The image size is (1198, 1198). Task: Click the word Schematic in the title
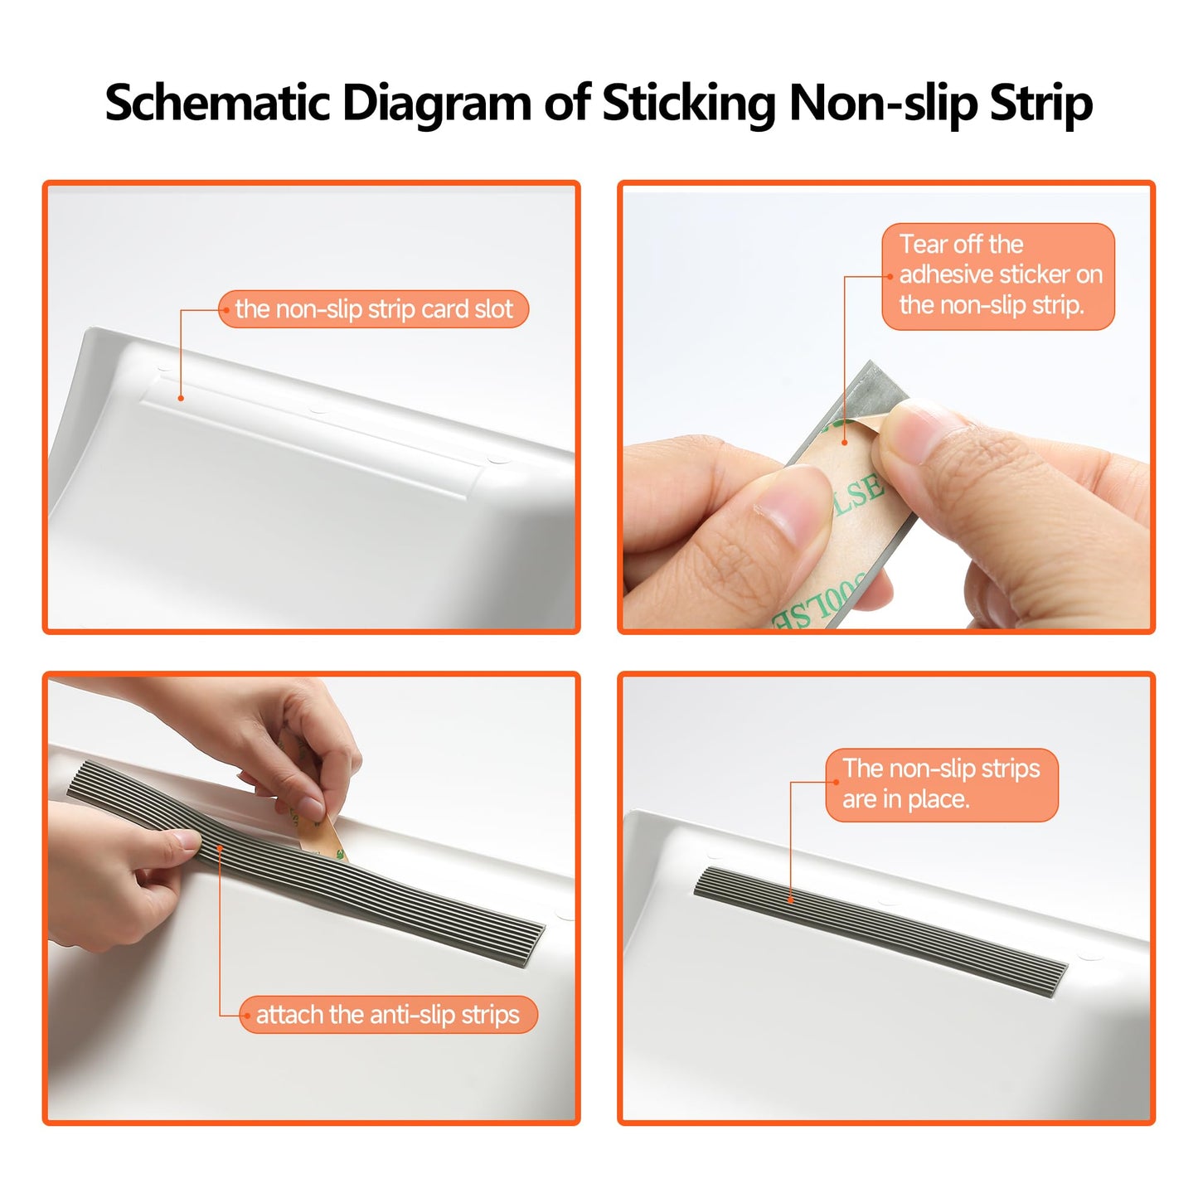[217, 103]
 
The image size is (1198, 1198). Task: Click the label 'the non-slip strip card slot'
[373, 309]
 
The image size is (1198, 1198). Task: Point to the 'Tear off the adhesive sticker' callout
[998, 276]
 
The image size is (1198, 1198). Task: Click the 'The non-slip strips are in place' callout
[941, 784]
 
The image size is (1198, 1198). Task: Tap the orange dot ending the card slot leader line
[181, 398]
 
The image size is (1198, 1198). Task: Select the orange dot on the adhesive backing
[844, 442]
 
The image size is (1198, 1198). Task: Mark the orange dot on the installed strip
[790, 900]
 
